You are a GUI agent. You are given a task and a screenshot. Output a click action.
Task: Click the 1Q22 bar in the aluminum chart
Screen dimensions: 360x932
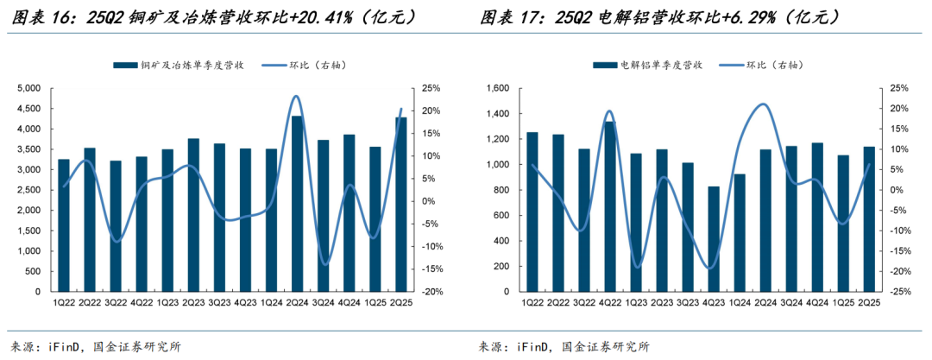(532, 212)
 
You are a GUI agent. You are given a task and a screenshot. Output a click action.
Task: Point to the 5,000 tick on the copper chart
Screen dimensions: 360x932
(28, 88)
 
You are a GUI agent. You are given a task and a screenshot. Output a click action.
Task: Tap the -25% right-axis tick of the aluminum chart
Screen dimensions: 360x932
(902, 292)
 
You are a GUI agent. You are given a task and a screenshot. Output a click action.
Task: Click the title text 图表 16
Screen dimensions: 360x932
(35, 16)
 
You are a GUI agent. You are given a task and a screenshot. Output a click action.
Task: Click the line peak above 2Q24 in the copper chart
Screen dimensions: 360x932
(296, 96)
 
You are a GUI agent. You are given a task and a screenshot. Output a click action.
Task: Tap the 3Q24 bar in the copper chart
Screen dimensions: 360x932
(323, 216)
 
